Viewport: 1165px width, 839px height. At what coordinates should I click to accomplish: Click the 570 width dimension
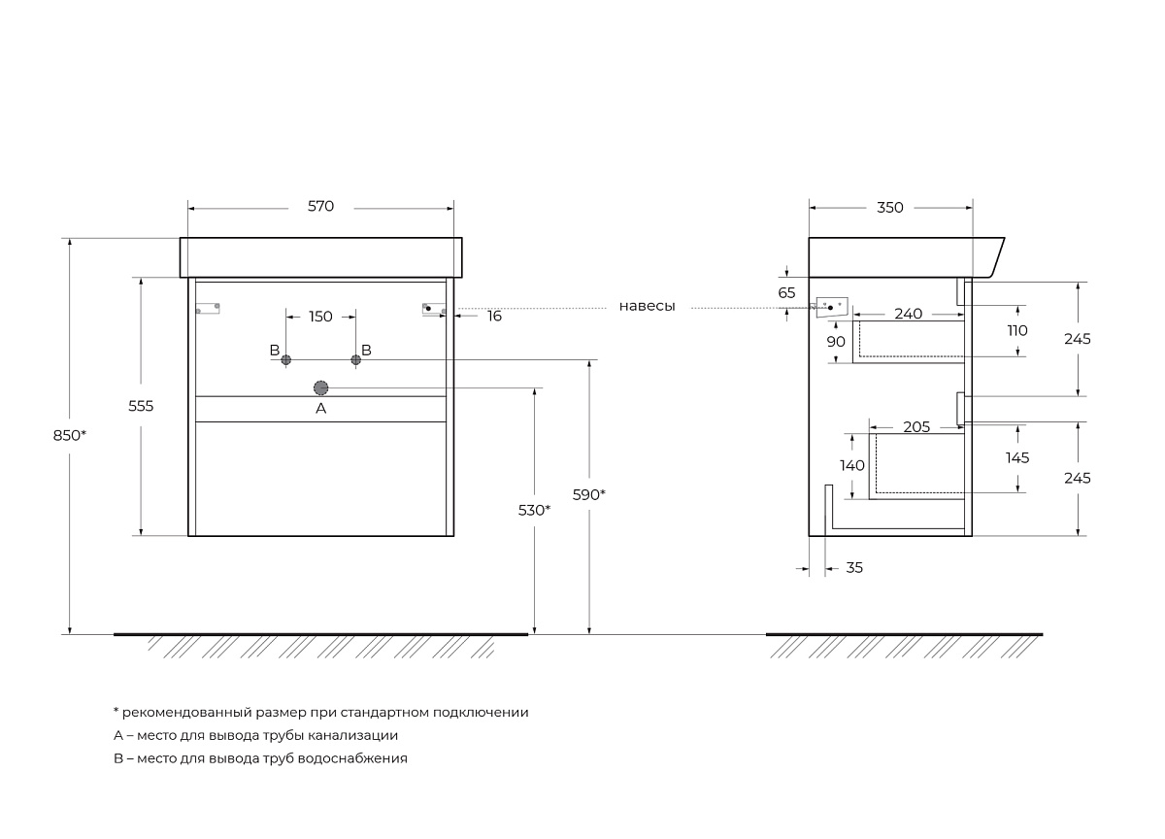point(320,207)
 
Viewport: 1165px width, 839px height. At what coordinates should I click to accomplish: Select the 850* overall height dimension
point(70,436)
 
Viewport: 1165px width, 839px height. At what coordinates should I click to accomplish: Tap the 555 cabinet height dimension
point(141,406)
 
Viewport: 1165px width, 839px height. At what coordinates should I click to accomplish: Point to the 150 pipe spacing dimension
point(320,317)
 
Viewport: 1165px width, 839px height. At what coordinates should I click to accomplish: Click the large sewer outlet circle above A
point(321,387)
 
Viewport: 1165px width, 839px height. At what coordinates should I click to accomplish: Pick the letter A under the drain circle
point(321,410)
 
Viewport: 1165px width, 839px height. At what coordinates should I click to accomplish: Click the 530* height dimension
point(535,510)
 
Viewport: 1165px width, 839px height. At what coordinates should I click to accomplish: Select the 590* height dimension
point(589,494)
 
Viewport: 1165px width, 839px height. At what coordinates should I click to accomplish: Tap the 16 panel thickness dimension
point(494,317)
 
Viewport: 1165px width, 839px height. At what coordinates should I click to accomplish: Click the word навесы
point(648,306)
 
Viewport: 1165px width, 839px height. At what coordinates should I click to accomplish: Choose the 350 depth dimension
point(890,207)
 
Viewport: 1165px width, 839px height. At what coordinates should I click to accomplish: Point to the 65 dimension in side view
point(786,292)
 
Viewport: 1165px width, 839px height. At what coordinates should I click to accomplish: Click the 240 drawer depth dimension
point(908,314)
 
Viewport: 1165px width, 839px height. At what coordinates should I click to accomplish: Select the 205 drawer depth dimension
point(916,427)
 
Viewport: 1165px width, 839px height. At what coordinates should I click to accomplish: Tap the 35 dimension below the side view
point(854,568)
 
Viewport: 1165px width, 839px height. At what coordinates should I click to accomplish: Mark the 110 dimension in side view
point(1017,331)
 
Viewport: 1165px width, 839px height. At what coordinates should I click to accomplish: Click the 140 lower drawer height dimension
point(852,466)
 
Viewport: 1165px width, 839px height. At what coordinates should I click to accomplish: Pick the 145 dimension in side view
point(1017,457)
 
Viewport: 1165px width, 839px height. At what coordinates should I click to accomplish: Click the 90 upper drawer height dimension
point(836,341)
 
